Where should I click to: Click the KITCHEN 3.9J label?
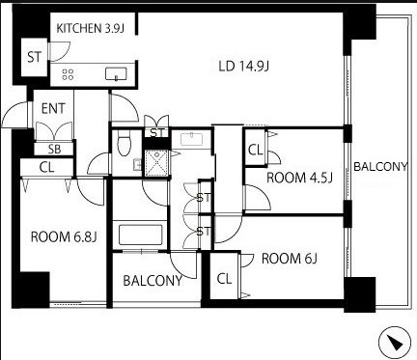pyautogui.click(x=91, y=28)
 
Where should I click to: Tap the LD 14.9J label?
pyautogui.click(x=243, y=67)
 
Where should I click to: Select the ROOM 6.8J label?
pyautogui.click(x=64, y=237)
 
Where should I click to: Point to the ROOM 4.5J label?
pyautogui.click(x=299, y=178)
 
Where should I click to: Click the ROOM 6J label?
pyautogui.click(x=290, y=259)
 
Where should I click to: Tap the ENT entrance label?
pyautogui.click(x=53, y=109)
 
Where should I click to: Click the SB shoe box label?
pyautogui.click(x=55, y=149)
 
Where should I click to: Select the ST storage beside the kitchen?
pyautogui.click(x=35, y=57)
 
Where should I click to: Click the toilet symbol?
pyautogui.click(x=123, y=143)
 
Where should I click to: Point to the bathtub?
pyautogui.click(x=140, y=235)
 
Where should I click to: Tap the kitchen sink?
pyautogui.click(x=116, y=73)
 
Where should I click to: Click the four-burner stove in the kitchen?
pyautogui.click(x=68, y=74)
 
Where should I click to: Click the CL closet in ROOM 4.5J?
pyautogui.click(x=256, y=150)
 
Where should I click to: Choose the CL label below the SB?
pyautogui.click(x=47, y=167)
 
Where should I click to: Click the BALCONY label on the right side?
pyautogui.click(x=380, y=166)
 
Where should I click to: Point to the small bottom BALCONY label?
pyautogui.click(x=153, y=281)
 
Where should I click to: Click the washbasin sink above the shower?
pyautogui.click(x=192, y=139)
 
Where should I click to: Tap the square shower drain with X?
pyautogui.click(x=156, y=164)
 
